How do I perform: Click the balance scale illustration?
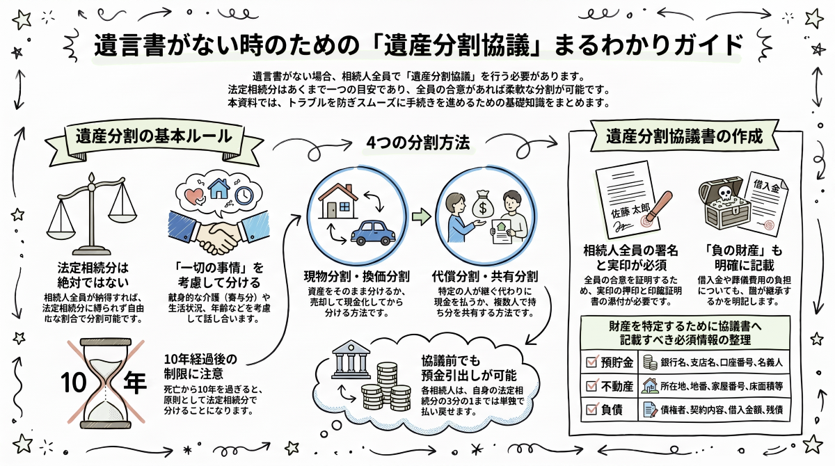pyautogui.click(x=91, y=214)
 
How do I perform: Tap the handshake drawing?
pyautogui.click(x=218, y=231)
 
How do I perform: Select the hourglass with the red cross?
pyautogui.click(x=106, y=383)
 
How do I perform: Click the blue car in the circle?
pyautogui.click(x=373, y=233)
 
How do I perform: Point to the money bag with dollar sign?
pyautogui.click(x=483, y=205)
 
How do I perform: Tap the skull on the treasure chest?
pyautogui.click(x=725, y=193)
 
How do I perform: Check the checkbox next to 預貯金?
pyautogui.click(x=592, y=362)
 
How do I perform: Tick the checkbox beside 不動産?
pyautogui.click(x=592, y=385)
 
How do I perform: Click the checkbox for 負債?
pyautogui.click(x=592, y=410)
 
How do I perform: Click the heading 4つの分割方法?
pyautogui.click(x=418, y=143)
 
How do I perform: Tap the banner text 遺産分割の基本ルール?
pyautogui.click(x=154, y=136)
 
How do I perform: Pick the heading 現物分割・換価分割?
pyautogui.click(x=356, y=276)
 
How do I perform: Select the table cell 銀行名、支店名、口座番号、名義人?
pyautogui.click(x=722, y=362)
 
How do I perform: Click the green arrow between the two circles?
pyautogui.click(x=422, y=217)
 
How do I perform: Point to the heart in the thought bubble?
pyautogui.click(x=195, y=196)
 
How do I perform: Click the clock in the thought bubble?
pyautogui.click(x=244, y=195)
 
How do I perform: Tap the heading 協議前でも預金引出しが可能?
pyautogui.click(x=469, y=368)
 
